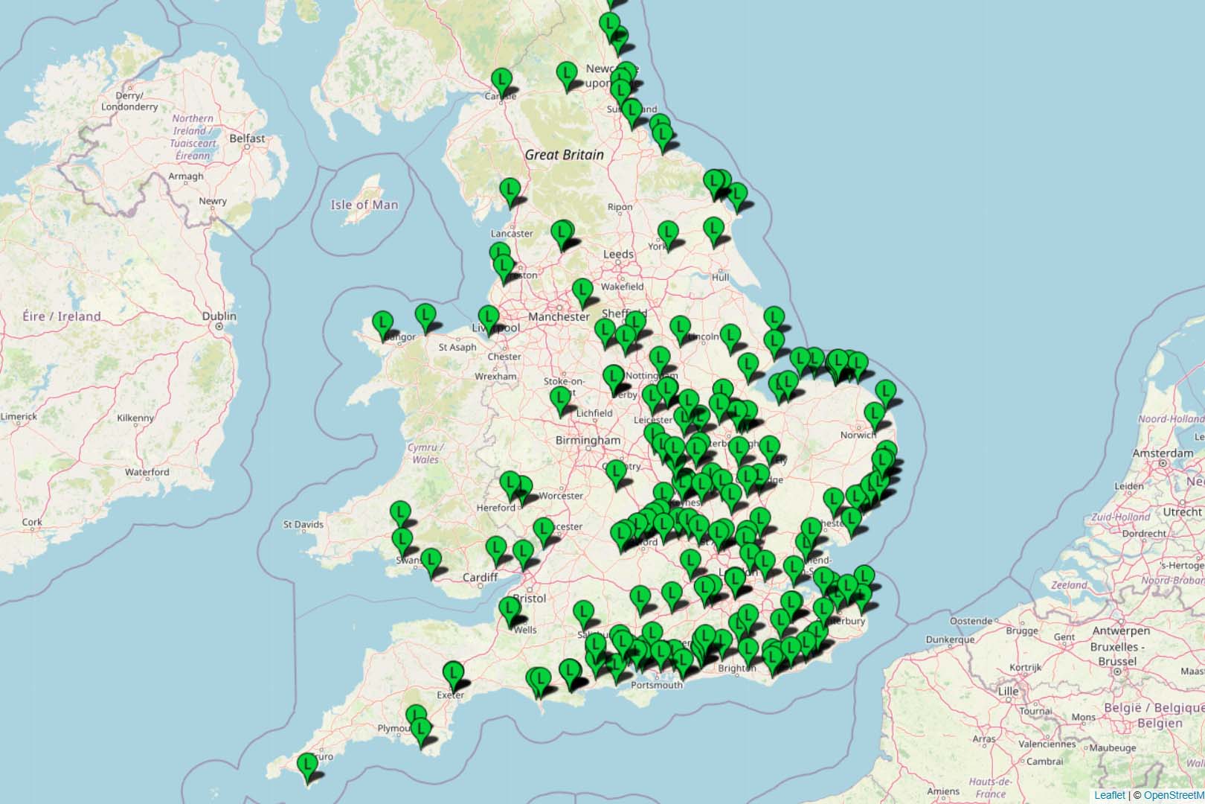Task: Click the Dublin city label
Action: [x=219, y=316]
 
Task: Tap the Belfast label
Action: [x=247, y=138]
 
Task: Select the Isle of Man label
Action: [x=364, y=205]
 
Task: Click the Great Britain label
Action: [x=564, y=155]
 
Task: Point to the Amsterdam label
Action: [x=1163, y=453]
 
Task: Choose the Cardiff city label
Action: [x=480, y=577]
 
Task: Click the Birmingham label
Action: [x=588, y=440]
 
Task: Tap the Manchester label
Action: [x=559, y=316]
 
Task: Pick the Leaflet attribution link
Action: [x=1109, y=795]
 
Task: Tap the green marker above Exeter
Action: [x=452, y=673]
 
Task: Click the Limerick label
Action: [x=19, y=416]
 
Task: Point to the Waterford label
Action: [x=147, y=472]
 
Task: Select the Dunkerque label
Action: [x=950, y=639]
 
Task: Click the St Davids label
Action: [x=303, y=524]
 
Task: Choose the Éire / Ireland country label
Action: [x=62, y=316]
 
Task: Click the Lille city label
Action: [x=1008, y=691]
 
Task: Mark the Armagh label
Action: [x=186, y=176]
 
